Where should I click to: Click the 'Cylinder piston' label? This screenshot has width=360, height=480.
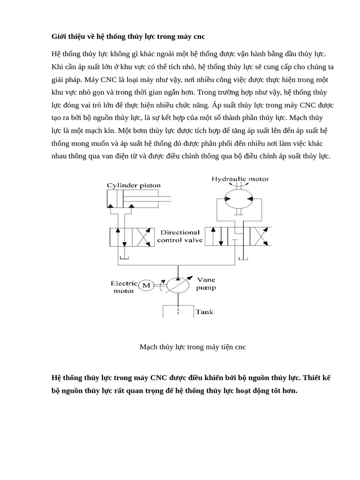pyautogui.click(x=134, y=185)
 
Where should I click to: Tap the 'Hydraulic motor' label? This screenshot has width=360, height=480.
pyautogui.click(x=240, y=179)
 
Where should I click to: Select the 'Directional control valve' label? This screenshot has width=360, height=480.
pyautogui.click(x=180, y=236)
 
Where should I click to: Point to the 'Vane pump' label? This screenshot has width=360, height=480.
pyautogui.click(x=206, y=284)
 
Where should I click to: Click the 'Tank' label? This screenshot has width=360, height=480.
pyautogui.click(x=204, y=312)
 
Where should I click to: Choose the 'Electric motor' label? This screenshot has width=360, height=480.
pyautogui.click(x=123, y=287)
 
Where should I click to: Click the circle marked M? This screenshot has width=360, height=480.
pyautogui.click(x=146, y=285)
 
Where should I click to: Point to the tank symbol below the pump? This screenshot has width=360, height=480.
pyautogui.click(x=178, y=312)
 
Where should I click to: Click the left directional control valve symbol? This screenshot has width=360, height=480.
pyautogui.click(x=132, y=237)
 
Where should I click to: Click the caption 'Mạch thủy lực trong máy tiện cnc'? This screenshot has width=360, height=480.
pyautogui.click(x=193, y=347)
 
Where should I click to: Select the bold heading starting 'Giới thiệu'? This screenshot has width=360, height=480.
pyautogui.click(x=128, y=36)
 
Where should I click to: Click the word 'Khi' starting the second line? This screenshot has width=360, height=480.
pyautogui.click(x=57, y=67)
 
